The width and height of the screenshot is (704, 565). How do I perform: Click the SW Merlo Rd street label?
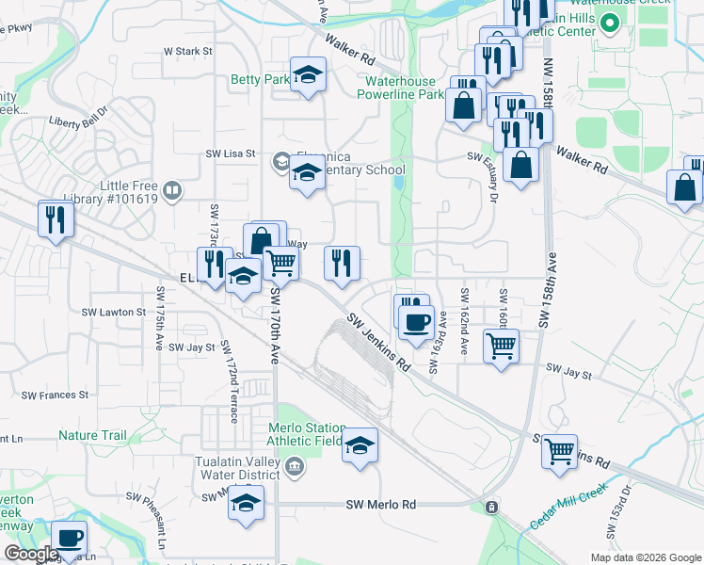[381, 505]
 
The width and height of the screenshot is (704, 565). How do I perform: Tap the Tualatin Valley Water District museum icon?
[294, 466]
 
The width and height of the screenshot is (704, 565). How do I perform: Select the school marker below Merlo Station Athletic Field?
[359, 446]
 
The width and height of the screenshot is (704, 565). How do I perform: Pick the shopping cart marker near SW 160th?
[501, 345]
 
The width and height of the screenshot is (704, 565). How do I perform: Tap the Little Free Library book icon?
[171, 193]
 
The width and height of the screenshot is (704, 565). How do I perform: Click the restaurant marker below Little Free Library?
[56, 219]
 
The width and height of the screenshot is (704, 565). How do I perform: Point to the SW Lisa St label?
[231, 154]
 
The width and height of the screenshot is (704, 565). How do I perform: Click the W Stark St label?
[188, 51]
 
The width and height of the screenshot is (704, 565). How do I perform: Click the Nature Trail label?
[92, 436]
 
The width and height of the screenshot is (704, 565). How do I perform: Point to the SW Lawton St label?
[113, 312]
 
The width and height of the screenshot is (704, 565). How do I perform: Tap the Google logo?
[31, 554]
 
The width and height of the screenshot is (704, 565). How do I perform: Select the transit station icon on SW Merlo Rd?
[491, 508]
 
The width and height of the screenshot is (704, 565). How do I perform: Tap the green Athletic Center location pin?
[609, 24]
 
